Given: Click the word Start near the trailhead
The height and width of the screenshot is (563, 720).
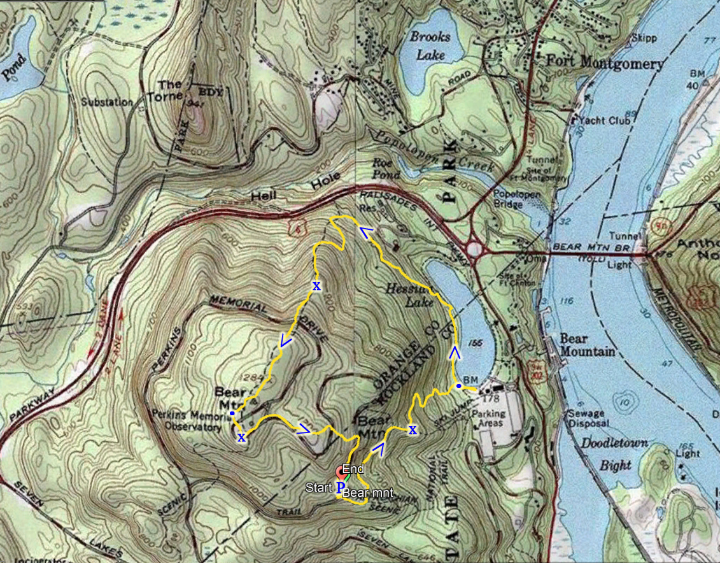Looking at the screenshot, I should pos(318,487).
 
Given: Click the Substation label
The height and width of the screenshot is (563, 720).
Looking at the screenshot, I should pos(107,102).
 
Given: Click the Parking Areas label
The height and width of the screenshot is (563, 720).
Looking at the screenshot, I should pos(489,418).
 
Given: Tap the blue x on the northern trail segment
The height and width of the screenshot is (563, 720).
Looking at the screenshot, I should pos(316,286).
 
